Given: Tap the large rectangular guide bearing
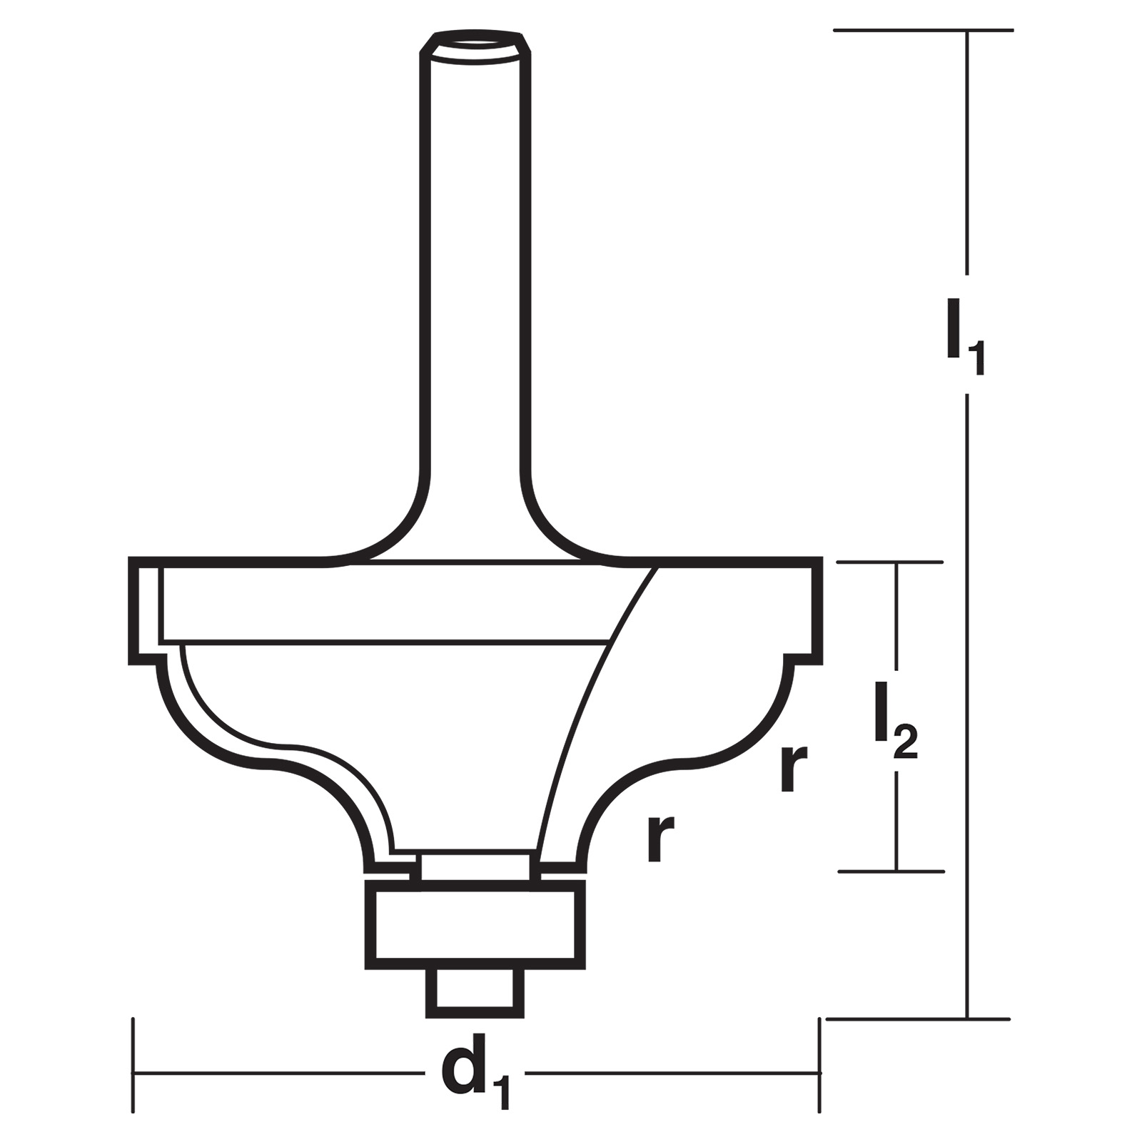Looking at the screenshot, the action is tap(475, 925).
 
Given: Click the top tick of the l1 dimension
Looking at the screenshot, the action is tap(924, 30).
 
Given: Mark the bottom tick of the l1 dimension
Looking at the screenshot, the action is tap(918, 1019).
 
